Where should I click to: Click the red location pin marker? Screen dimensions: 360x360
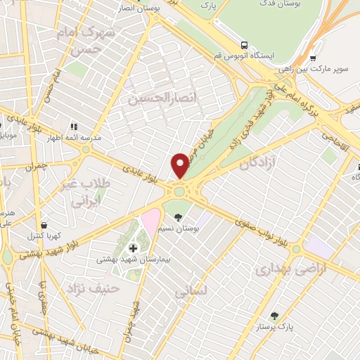[x=180, y=165]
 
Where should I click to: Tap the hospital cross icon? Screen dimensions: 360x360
[x=133, y=247]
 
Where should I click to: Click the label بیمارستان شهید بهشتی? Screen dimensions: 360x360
[x=132, y=259]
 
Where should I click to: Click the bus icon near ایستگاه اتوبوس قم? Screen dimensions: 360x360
[x=244, y=44]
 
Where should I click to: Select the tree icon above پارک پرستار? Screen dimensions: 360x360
[x=274, y=316]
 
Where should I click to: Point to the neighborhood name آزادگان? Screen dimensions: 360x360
[x=256, y=163]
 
